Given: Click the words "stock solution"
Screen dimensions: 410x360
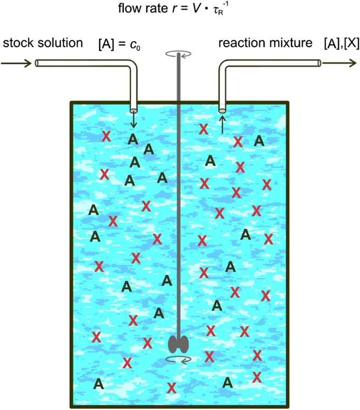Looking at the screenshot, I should [x=43, y=44].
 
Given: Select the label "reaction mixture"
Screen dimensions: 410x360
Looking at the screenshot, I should [x=266, y=44].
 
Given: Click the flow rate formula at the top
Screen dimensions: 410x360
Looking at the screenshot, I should [x=180, y=9].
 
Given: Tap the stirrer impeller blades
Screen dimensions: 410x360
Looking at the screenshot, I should [x=178, y=343].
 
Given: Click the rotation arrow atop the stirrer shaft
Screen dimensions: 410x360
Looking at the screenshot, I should [x=178, y=55].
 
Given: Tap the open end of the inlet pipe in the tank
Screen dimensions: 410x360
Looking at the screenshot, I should [x=133, y=110].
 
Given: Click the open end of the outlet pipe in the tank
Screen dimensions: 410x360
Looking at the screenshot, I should [x=222, y=110].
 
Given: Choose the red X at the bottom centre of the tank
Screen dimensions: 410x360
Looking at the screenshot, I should [x=172, y=388].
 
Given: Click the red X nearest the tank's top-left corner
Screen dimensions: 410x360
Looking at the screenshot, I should [x=106, y=136].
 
